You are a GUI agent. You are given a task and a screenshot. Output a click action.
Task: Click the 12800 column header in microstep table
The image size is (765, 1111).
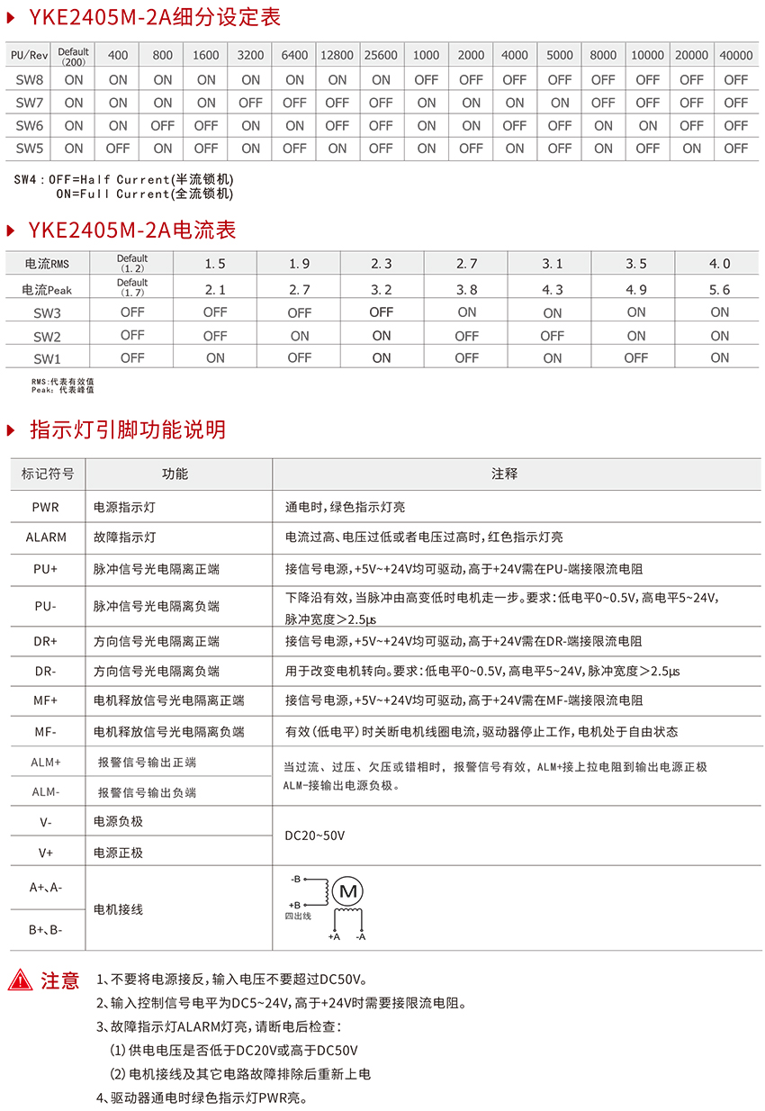coord(337,55)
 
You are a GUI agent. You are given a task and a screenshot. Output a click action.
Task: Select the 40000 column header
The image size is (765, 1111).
coord(736,55)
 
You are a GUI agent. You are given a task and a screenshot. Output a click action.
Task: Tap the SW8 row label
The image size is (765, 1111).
coord(30,79)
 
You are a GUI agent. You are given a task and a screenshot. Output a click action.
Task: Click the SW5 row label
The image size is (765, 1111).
coord(30,148)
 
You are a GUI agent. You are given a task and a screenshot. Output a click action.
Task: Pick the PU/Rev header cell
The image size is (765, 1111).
coord(30,55)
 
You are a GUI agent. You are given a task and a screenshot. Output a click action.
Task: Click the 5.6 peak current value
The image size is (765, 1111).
coord(719,290)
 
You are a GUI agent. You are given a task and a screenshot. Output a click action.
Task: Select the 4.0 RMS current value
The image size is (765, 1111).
coord(719,264)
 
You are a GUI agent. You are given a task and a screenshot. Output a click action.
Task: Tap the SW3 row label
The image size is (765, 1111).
coord(47,313)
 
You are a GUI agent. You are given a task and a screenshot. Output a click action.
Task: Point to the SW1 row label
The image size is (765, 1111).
coord(47,358)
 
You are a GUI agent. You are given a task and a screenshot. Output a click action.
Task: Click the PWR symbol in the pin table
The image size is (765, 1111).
coord(46,508)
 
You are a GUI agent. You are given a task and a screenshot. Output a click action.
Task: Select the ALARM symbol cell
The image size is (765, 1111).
coord(46,537)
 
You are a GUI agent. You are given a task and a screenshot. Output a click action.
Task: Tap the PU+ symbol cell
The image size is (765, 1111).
coord(46,570)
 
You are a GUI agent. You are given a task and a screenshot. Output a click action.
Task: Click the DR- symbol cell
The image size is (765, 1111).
coord(46,671)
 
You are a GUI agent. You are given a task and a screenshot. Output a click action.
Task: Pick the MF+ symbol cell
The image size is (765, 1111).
coord(46,700)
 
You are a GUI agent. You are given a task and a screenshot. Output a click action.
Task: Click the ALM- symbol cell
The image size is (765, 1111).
coord(46,792)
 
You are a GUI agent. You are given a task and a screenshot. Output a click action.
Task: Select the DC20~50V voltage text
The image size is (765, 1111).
coord(314,836)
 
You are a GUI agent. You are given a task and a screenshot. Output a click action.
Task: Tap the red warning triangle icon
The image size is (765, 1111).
coord(20,980)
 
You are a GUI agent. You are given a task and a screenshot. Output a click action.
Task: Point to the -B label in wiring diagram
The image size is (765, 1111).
coord(295,879)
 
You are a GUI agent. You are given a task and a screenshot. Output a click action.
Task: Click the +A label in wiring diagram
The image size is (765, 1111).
coord(334,937)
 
